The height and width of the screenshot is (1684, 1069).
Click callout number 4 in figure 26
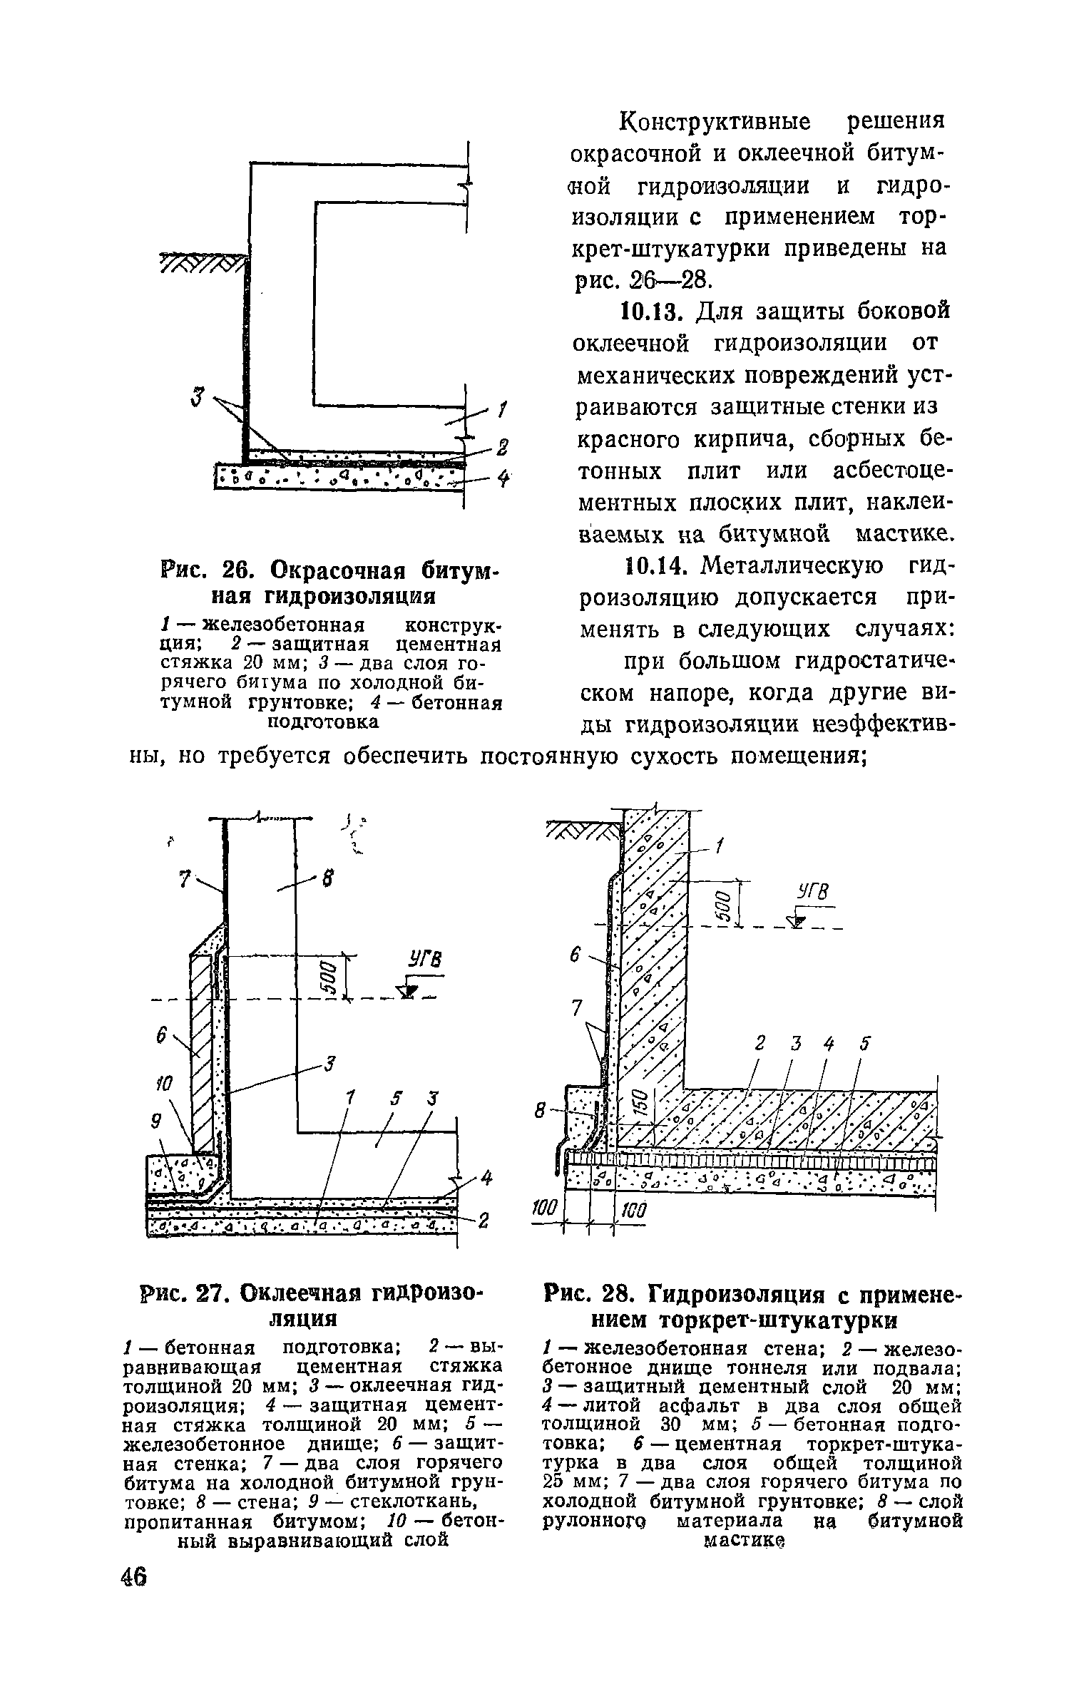click(x=503, y=481)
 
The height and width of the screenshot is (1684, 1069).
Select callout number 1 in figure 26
click(x=502, y=409)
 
